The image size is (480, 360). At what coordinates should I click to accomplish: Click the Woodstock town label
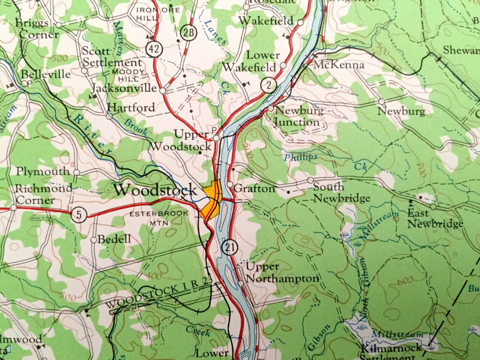155,189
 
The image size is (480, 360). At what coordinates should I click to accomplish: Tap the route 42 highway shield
154,49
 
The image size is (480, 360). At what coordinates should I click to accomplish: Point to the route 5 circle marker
79,215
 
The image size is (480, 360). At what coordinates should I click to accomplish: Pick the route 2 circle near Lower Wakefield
268,85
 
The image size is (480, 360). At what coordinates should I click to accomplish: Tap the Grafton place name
254,189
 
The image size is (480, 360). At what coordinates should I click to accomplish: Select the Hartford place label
131,107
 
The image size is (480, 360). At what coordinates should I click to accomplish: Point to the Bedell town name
114,239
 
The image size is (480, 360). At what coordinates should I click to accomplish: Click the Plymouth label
43,171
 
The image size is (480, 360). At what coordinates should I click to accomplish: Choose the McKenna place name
339,65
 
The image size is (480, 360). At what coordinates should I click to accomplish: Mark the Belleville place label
45,75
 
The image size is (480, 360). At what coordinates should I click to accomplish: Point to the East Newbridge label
435,219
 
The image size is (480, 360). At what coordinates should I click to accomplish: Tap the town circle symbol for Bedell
93,240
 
